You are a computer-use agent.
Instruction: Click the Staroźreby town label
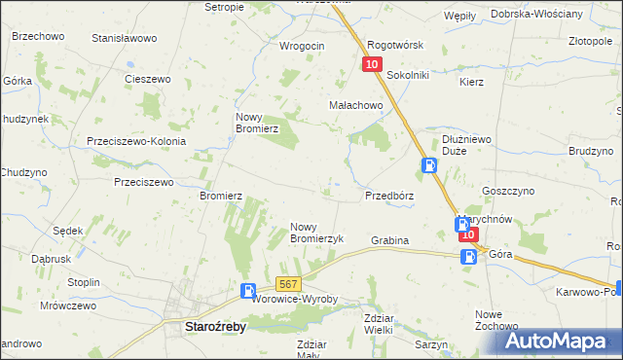click(x=215, y=328)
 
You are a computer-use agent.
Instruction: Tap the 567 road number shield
click(x=286, y=283)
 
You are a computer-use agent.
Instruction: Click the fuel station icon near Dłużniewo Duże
click(x=428, y=165)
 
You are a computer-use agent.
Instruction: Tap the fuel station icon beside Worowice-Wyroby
click(x=248, y=290)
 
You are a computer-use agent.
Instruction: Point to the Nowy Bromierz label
click(x=258, y=122)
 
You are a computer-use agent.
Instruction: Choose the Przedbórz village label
click(x=389, y=195)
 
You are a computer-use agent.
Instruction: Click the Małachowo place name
click(x=355, y=107)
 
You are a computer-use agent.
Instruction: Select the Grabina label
click(x=389, y=239)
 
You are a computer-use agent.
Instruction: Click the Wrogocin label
click(x=302, y=45)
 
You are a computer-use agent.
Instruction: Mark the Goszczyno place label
click(x=503, y=194)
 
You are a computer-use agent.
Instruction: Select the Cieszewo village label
click(x=148, y=79)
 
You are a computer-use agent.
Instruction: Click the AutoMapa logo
click(x=556, y=341)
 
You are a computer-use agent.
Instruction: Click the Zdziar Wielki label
click(x=363, y=323)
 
